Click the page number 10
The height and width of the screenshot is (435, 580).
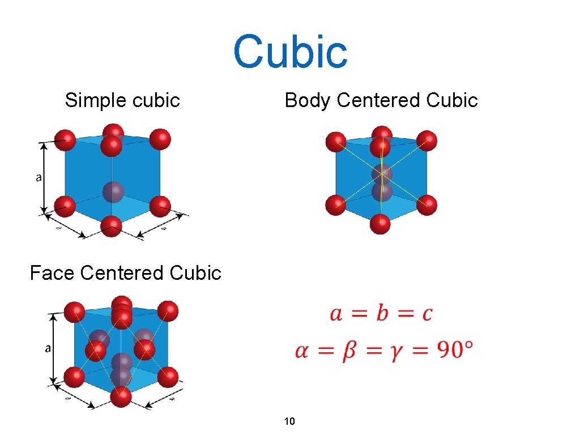click(289, 421)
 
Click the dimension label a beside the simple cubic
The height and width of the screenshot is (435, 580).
click(39, 177)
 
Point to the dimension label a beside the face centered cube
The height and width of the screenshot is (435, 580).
click(48, 348)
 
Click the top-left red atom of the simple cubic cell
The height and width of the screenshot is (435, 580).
click(66, 139)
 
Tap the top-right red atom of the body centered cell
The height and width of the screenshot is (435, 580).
click(427, 140)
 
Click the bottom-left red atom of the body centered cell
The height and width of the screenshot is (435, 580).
click(336, 204)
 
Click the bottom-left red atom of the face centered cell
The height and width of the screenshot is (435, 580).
click(74, 377)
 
